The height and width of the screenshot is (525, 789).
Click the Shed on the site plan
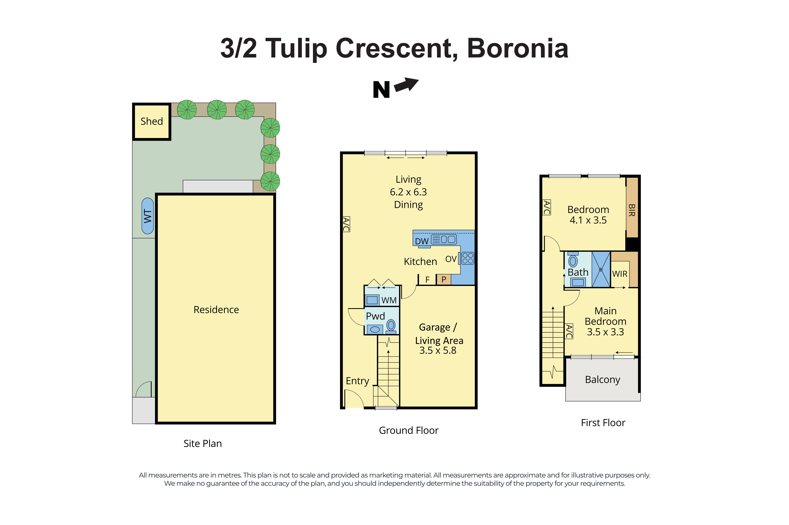[152, 121]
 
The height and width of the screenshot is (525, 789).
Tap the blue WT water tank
[148, 216]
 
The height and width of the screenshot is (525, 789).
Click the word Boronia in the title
[517, 49]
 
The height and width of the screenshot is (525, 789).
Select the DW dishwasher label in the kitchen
[422, 241]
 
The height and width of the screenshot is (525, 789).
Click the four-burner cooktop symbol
[468, 258]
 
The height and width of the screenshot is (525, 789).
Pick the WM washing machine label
[389, 300]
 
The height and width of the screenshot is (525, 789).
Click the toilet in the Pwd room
[391, 325]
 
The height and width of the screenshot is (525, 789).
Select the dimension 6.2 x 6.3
[408, 192]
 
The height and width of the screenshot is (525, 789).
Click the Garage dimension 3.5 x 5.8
[438, 351]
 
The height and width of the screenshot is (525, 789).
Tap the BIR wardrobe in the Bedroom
[632, 210]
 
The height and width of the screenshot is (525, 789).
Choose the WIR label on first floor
[620, 274]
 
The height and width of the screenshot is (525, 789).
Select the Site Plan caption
[202, 443]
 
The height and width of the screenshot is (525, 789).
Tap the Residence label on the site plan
[216, 310]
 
